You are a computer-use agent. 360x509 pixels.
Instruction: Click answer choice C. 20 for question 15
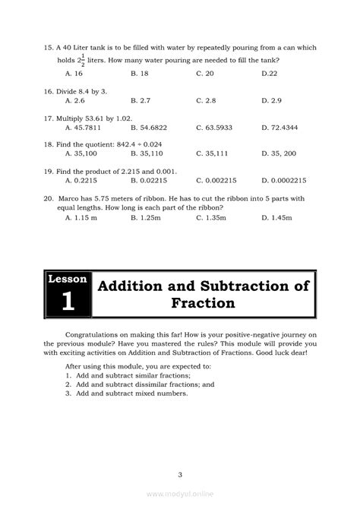[x=205, y=74]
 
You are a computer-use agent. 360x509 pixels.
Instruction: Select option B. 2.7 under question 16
[x=140, y=100]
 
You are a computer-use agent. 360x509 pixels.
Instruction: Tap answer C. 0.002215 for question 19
[x=216, y=181]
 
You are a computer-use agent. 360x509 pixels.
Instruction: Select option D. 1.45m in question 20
[x=277, y=217]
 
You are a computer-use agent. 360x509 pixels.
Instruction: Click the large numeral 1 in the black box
[x=68, y=300]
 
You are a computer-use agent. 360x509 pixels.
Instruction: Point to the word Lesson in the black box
[x=68, y=279]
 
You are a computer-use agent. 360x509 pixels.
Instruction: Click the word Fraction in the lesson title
[x=203, y=303]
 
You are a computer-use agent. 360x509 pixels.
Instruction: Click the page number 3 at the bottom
[x=180, y=454]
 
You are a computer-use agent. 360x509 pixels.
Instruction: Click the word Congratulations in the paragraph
[x=96, y=334]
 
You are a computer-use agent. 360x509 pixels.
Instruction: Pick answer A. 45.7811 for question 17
[x=82, y=127]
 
